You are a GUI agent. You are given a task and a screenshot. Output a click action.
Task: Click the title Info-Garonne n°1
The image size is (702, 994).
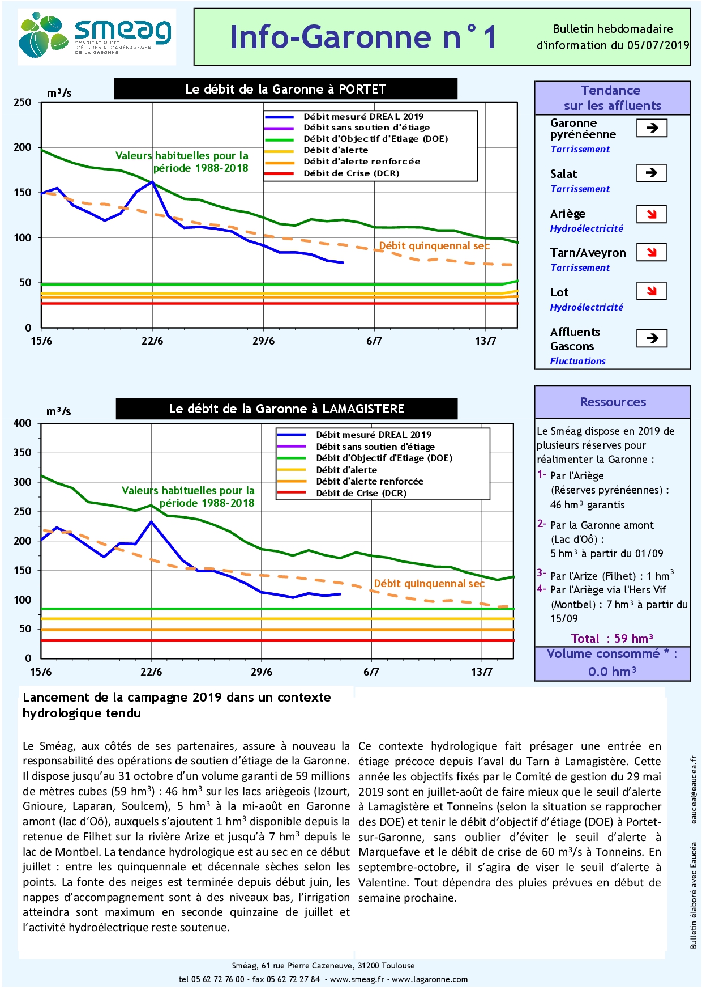tap(363, 37)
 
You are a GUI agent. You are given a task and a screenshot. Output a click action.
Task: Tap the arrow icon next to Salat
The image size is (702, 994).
tap(651, 173)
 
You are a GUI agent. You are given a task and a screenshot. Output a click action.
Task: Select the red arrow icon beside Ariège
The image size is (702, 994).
tap(651, 214)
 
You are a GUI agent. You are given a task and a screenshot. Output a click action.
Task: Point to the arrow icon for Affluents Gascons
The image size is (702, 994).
tap(652, 338)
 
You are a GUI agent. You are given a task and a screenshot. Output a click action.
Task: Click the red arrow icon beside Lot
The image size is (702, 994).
tap(651, 291)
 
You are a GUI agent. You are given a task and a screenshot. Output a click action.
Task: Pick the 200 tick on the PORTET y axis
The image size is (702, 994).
tap(23, 147)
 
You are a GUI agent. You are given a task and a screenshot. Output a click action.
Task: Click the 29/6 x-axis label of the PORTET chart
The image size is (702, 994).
tap(263, 341)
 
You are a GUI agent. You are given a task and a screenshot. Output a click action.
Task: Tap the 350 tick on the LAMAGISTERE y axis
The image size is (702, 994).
tap(23, 453)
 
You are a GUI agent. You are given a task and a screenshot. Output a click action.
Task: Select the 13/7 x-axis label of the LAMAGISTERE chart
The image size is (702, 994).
tap(482, 672)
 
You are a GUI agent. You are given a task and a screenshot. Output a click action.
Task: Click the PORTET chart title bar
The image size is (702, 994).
tap(285, 89)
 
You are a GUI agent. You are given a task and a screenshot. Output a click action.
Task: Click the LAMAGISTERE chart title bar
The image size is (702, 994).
tap(286, 409)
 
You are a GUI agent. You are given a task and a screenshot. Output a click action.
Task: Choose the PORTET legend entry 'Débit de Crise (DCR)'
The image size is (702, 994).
tap(351, 173)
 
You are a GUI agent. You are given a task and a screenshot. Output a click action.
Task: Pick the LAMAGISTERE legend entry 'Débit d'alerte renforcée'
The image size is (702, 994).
tap(369, 481)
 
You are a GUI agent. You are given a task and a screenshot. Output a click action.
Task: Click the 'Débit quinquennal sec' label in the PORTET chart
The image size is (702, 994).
tap(434, 246)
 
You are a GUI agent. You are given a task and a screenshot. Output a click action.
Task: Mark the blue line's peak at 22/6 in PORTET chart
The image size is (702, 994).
tap(152, 182)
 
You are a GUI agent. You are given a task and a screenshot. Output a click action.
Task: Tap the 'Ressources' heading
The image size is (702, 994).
tap(613, 402)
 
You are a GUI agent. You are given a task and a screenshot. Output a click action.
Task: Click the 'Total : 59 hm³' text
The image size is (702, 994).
tap(612, 639)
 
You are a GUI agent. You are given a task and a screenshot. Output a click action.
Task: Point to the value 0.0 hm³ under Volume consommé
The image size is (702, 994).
tap(612, 672)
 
